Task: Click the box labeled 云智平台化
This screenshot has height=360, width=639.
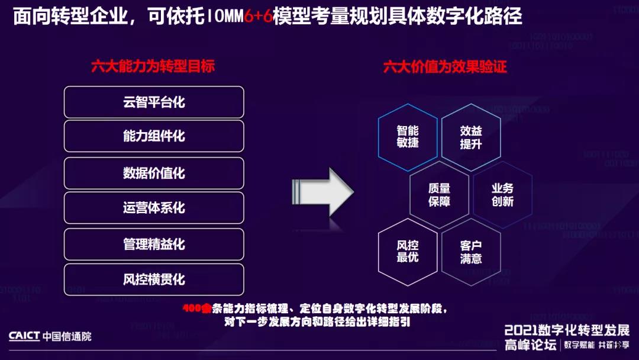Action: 154,102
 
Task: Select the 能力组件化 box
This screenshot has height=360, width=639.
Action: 154,136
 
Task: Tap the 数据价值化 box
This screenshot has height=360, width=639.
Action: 154,173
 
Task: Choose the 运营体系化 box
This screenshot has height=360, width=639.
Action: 154,208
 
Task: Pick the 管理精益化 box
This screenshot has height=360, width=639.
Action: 154,244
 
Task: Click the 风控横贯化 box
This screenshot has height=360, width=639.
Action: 154,279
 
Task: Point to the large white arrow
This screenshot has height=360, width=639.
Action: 322,191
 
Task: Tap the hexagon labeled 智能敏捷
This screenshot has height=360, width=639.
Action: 408,137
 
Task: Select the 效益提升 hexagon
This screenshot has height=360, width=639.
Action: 471,137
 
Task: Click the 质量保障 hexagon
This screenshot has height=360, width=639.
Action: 439,194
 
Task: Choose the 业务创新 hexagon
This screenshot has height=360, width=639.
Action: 502,194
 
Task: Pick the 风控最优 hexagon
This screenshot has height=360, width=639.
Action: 408,251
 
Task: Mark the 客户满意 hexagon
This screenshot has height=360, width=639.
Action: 471,251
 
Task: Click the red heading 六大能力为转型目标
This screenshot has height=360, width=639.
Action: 153,66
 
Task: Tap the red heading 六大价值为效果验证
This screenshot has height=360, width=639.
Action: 445,66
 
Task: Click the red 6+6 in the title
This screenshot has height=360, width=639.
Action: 259,16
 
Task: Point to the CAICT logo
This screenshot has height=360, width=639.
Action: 24,336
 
